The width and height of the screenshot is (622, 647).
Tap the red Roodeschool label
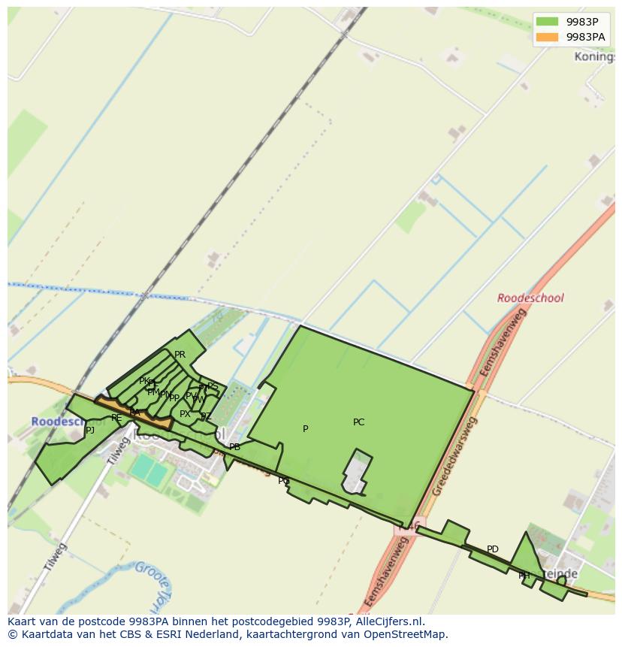tap(530, 298)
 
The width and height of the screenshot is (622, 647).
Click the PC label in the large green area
tap(358, 422)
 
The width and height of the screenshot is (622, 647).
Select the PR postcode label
tap(180, 355)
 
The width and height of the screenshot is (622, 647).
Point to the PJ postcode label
tap(90, 431)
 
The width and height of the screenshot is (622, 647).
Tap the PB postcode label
tap(234, 447)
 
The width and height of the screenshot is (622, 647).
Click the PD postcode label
tap(492, 549)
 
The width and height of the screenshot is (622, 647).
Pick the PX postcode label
tap(185, 414)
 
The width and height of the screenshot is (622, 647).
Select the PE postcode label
tap(116, 418)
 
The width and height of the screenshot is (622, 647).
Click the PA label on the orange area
tap(134, 413)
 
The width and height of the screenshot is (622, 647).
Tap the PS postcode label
tap(213, 386)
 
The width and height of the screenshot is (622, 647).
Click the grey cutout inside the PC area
tap(357, 473)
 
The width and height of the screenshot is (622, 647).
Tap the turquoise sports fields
tap(149, 471)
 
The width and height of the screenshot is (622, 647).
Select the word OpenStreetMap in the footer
tap(407, 634)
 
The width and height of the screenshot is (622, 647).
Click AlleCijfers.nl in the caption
tap(389, 621)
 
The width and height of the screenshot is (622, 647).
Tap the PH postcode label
tap(524, 576)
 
